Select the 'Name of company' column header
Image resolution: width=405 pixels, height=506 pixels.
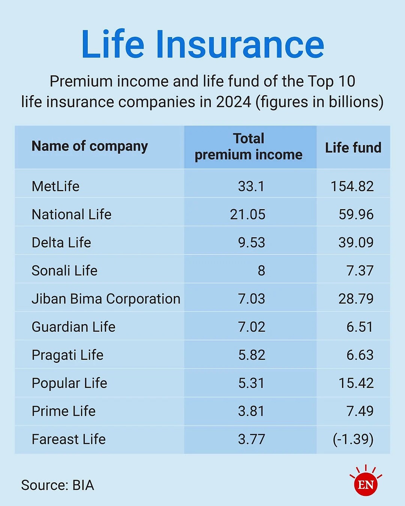pyautogui.click(x=90, y=146)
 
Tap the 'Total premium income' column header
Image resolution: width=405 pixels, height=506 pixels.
pyautogui.click(x=249, y=147)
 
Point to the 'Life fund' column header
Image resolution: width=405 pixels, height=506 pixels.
pyautogui.click(x=353, y=148)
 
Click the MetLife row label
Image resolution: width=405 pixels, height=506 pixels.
pyautogui.click(x=55, y=186)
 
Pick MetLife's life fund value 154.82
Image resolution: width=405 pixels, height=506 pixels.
pyautogui.click(x=352, y=186)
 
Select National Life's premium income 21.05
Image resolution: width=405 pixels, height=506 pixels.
pyautogui.click(x=247, y=214)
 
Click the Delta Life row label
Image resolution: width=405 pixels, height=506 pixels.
pyautogui.click(x=61, y=243)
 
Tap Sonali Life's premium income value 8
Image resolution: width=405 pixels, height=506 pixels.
pyautogui.click(x=261, y=271)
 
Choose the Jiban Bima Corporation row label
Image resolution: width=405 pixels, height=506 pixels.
pyautogui.click(x=106, y=299)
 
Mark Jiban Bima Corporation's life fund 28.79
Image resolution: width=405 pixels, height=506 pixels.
pyautogui.click(x=356, y=299)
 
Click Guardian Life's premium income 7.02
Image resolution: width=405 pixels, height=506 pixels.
pyautogui.click(x=252, y=327)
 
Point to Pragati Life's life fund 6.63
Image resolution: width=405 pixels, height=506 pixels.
pyautogui.click(x=360, y=355)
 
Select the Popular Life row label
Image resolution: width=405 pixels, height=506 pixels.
pyautogui.click(x=69, y=383)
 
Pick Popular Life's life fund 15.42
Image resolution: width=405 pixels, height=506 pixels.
pyautogui.click(x=356, y=383)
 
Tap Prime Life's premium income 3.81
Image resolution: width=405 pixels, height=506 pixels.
pyautogui.click(x=251, y=411)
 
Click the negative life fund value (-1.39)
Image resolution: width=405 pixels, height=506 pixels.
pyautogui.click(x=353, y=439)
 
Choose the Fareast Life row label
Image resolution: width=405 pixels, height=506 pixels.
pyautogui.click(x=69, y=439)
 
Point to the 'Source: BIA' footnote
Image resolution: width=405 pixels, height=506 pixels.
pyautogui.click(x=57, y=485)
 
